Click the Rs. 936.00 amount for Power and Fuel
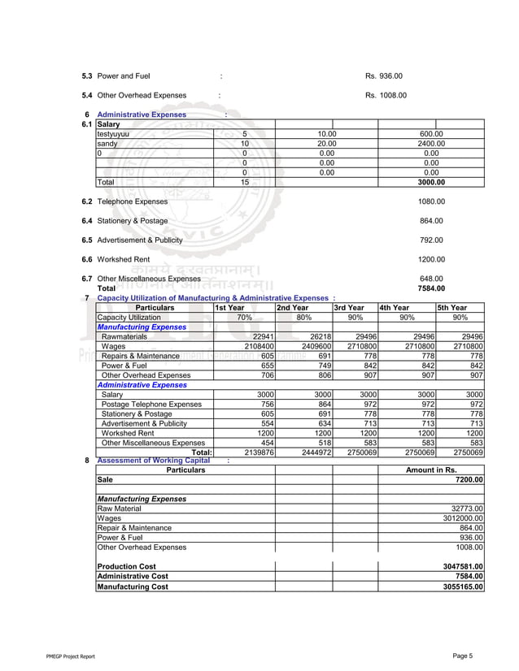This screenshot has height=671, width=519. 383,76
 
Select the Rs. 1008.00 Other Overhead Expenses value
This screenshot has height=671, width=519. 386,96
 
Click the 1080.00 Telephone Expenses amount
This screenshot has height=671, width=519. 431,201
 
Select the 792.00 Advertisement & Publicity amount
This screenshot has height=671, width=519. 431,240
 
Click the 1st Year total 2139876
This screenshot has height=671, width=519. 256,452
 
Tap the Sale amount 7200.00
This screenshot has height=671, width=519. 468,480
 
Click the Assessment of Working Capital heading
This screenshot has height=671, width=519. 153,461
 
